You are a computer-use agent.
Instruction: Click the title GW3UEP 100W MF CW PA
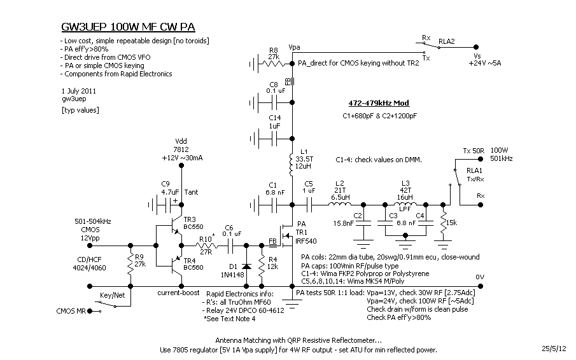click(128, 27)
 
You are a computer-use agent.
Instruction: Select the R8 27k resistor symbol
click(272, 64)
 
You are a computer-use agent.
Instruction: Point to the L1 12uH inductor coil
click(292, 163)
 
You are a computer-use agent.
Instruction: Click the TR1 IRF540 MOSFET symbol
click(286, 235)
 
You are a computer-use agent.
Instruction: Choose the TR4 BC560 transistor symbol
click(175, 265)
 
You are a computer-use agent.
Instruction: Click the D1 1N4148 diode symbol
click(246, 266)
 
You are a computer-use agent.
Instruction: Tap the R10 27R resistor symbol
click(206, 246)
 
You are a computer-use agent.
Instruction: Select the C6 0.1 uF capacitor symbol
click(231, 246)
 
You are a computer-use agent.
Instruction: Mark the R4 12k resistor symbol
click(262, 266)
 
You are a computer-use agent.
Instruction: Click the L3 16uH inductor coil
click(405, 204)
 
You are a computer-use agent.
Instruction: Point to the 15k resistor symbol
click(443, 221)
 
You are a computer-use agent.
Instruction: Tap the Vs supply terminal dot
click(476, 47)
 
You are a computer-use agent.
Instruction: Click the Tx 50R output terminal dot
click(481, 159)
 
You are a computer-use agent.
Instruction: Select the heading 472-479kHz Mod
click(379, 103)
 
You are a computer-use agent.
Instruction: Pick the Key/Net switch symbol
click(106, 304)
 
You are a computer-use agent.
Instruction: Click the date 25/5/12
click(554, 349)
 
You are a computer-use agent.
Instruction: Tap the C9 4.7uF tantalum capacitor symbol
click(164, 205)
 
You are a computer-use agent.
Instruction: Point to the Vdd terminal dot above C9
click(181, 165)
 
